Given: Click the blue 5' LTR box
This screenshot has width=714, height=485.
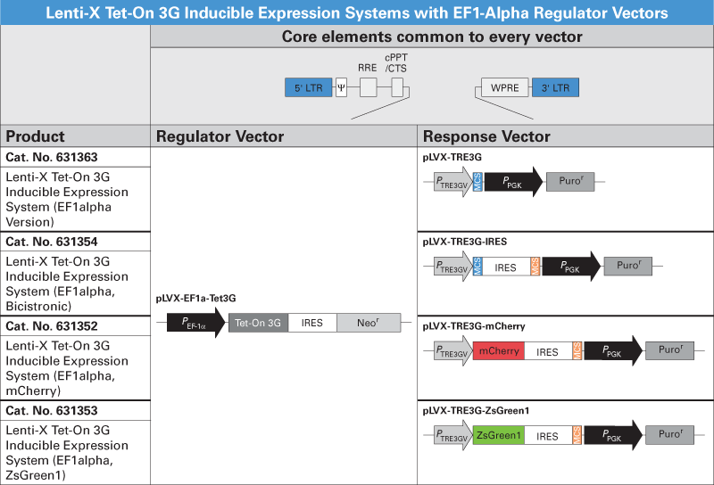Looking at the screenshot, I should click(308, 87).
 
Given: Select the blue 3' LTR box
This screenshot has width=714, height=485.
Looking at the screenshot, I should click(554, 87).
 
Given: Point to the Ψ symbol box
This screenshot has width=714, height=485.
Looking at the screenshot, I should click(341, 87).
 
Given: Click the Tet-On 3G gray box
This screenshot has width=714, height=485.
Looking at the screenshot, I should click(258, 324).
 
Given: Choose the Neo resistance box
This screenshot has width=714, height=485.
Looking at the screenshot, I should click(362, 324).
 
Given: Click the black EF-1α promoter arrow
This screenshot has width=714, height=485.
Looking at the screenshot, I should click(195, 324).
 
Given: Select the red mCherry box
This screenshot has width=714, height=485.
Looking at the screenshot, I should click(499, 351).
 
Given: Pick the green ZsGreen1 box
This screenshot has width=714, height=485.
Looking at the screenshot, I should click(499, 436).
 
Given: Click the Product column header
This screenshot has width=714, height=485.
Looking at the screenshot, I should click(36, 136).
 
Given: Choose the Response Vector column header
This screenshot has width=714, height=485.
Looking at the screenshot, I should click(486, 136).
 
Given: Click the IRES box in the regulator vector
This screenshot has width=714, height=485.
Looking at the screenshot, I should click(312, 324).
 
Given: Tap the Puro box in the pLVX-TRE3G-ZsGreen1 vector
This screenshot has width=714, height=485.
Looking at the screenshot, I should click(669, 436).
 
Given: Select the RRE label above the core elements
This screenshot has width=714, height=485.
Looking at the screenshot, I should click(367, 66).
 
